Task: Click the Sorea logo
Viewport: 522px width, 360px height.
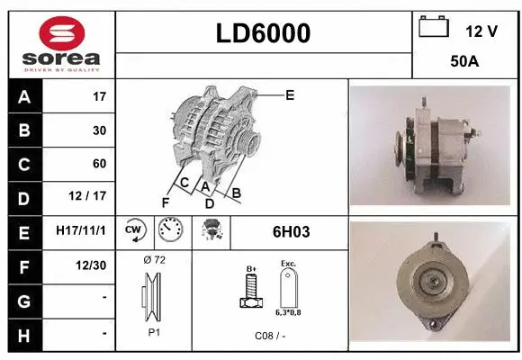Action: click(61, 43)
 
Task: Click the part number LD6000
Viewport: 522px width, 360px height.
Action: click(264, 33)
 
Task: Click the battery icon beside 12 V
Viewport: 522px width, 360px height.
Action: click(435, 28)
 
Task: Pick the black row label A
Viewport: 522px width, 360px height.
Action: click(23, 96)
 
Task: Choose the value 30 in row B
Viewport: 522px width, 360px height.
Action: click(99, 130)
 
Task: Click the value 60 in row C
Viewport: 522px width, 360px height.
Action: click(99, 164)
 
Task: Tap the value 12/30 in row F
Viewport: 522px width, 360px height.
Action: click(93, 265)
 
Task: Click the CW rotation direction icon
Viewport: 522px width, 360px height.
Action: click(133, 231)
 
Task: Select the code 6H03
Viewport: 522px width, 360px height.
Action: click(291, 231)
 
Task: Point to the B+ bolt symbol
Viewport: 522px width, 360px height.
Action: click(251, 288)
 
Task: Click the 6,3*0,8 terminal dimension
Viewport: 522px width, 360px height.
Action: click(288, 311)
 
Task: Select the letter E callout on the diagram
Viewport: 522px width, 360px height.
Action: click(290, 94)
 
